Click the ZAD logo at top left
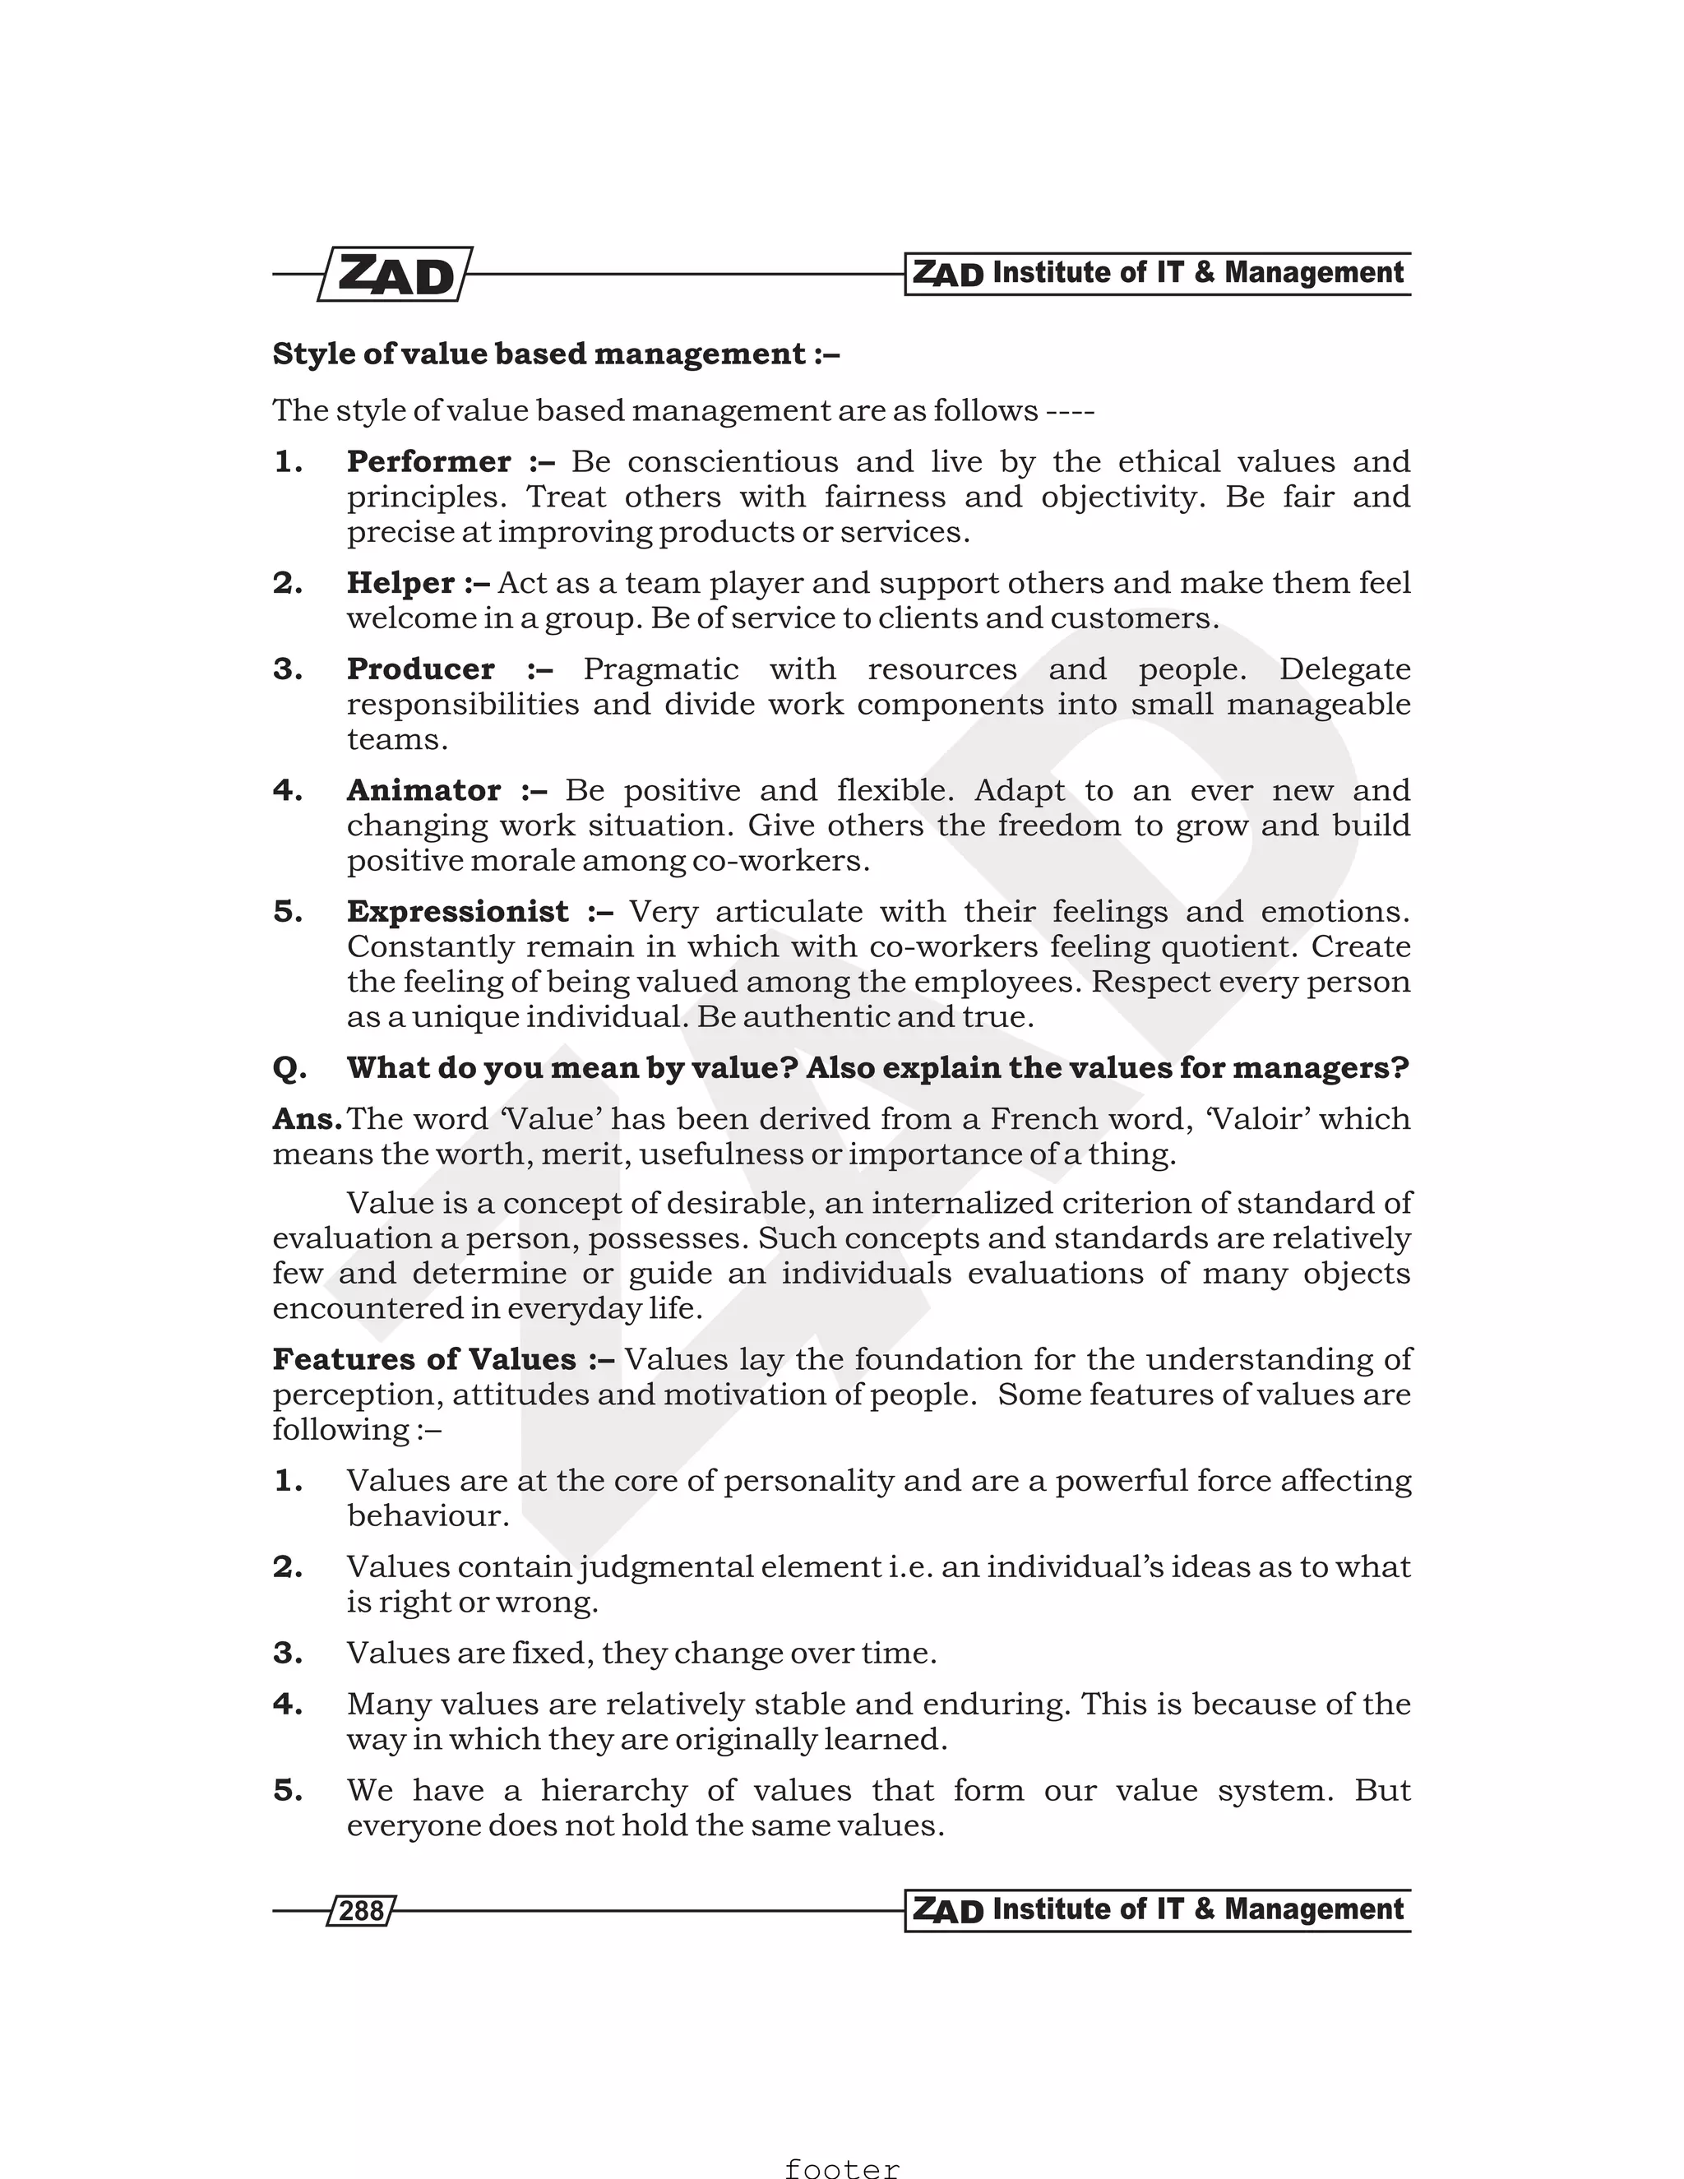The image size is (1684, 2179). [395, 275]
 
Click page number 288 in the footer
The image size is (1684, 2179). [361, 1911]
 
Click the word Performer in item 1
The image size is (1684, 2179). [428, 462]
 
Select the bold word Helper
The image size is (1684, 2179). [400, 583]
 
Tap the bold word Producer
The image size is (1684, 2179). [420, 669]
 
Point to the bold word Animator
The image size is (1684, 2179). [423, 790]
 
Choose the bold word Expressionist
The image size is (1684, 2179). [457, 911]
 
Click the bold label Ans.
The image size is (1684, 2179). [306, 1118]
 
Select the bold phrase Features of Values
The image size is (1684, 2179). [424, 1359]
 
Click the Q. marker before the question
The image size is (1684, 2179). [289, 1069]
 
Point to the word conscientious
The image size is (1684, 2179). [733, 462]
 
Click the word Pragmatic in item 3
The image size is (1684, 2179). [660, 669]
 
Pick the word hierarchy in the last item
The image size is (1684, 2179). [613, 1790]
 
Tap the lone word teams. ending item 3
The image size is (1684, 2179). [397, 739]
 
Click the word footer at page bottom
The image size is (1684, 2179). [841, 2167]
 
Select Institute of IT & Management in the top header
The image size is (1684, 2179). [1197, 272]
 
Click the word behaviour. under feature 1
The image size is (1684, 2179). [428, 1515]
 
